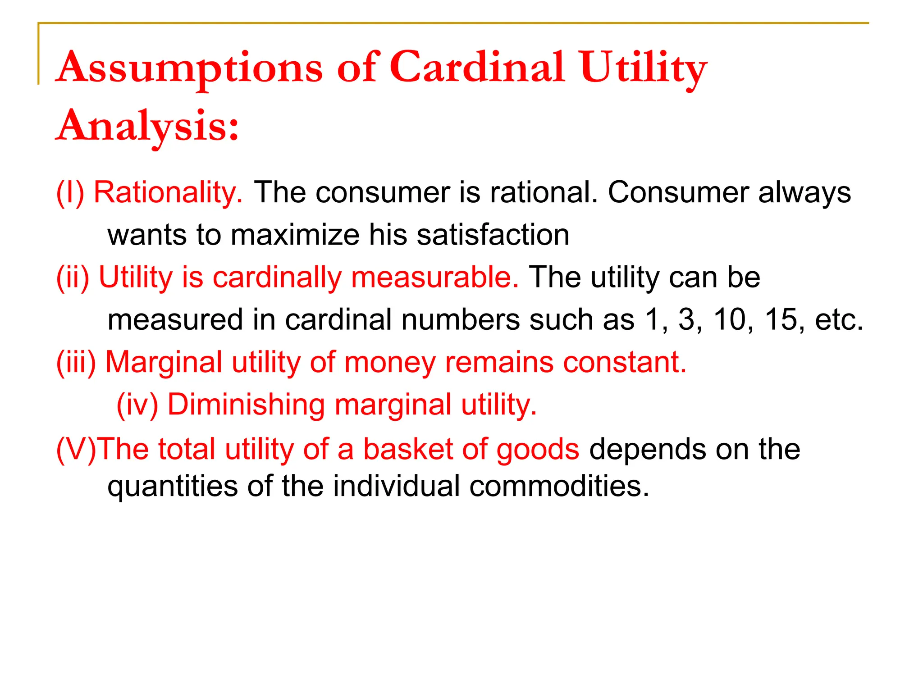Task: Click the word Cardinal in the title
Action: click(x=477, y=68)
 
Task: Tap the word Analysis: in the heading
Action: click(x=147, y=126)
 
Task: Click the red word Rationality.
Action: click(x=168, y=192)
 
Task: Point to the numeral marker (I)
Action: click(x=70, y=192)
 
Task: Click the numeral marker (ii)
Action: click(x=73, y=277)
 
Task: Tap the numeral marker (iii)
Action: click(x=76, y=362)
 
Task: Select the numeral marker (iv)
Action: click(x=137, y=404)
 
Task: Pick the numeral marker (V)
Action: click(x=76, y=449)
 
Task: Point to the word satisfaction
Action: click(x=493, y=235)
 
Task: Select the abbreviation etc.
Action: click(x=839, y=319)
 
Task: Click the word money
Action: click(x=390, y=362)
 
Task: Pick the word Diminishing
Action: click(x=246, y=404)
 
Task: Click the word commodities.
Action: click(x=559, y=486)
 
